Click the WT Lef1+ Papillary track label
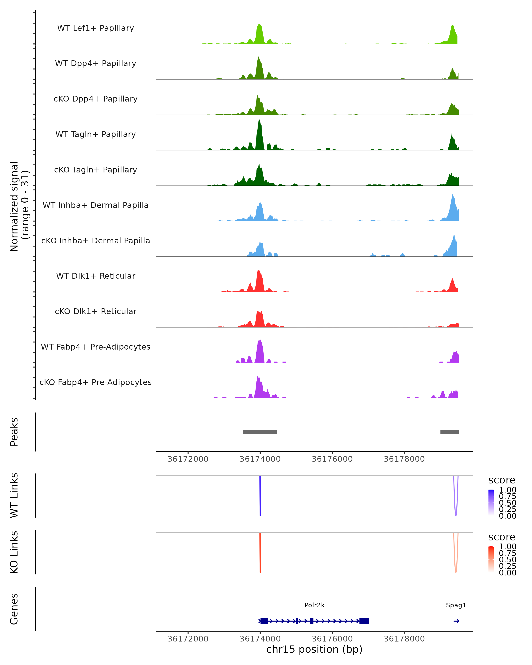(96, 28)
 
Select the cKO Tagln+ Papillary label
(96, 170)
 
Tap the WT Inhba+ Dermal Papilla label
(96, 205)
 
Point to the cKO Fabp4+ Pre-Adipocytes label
(96, 382)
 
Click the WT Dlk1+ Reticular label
(96, 276)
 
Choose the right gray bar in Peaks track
(449, 432)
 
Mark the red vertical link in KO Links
(260, 552)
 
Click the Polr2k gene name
(314, 605)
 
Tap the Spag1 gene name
(456, 605)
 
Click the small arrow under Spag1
(456, 621)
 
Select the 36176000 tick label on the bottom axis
(332, 639)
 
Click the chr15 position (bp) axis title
(314, 649)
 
